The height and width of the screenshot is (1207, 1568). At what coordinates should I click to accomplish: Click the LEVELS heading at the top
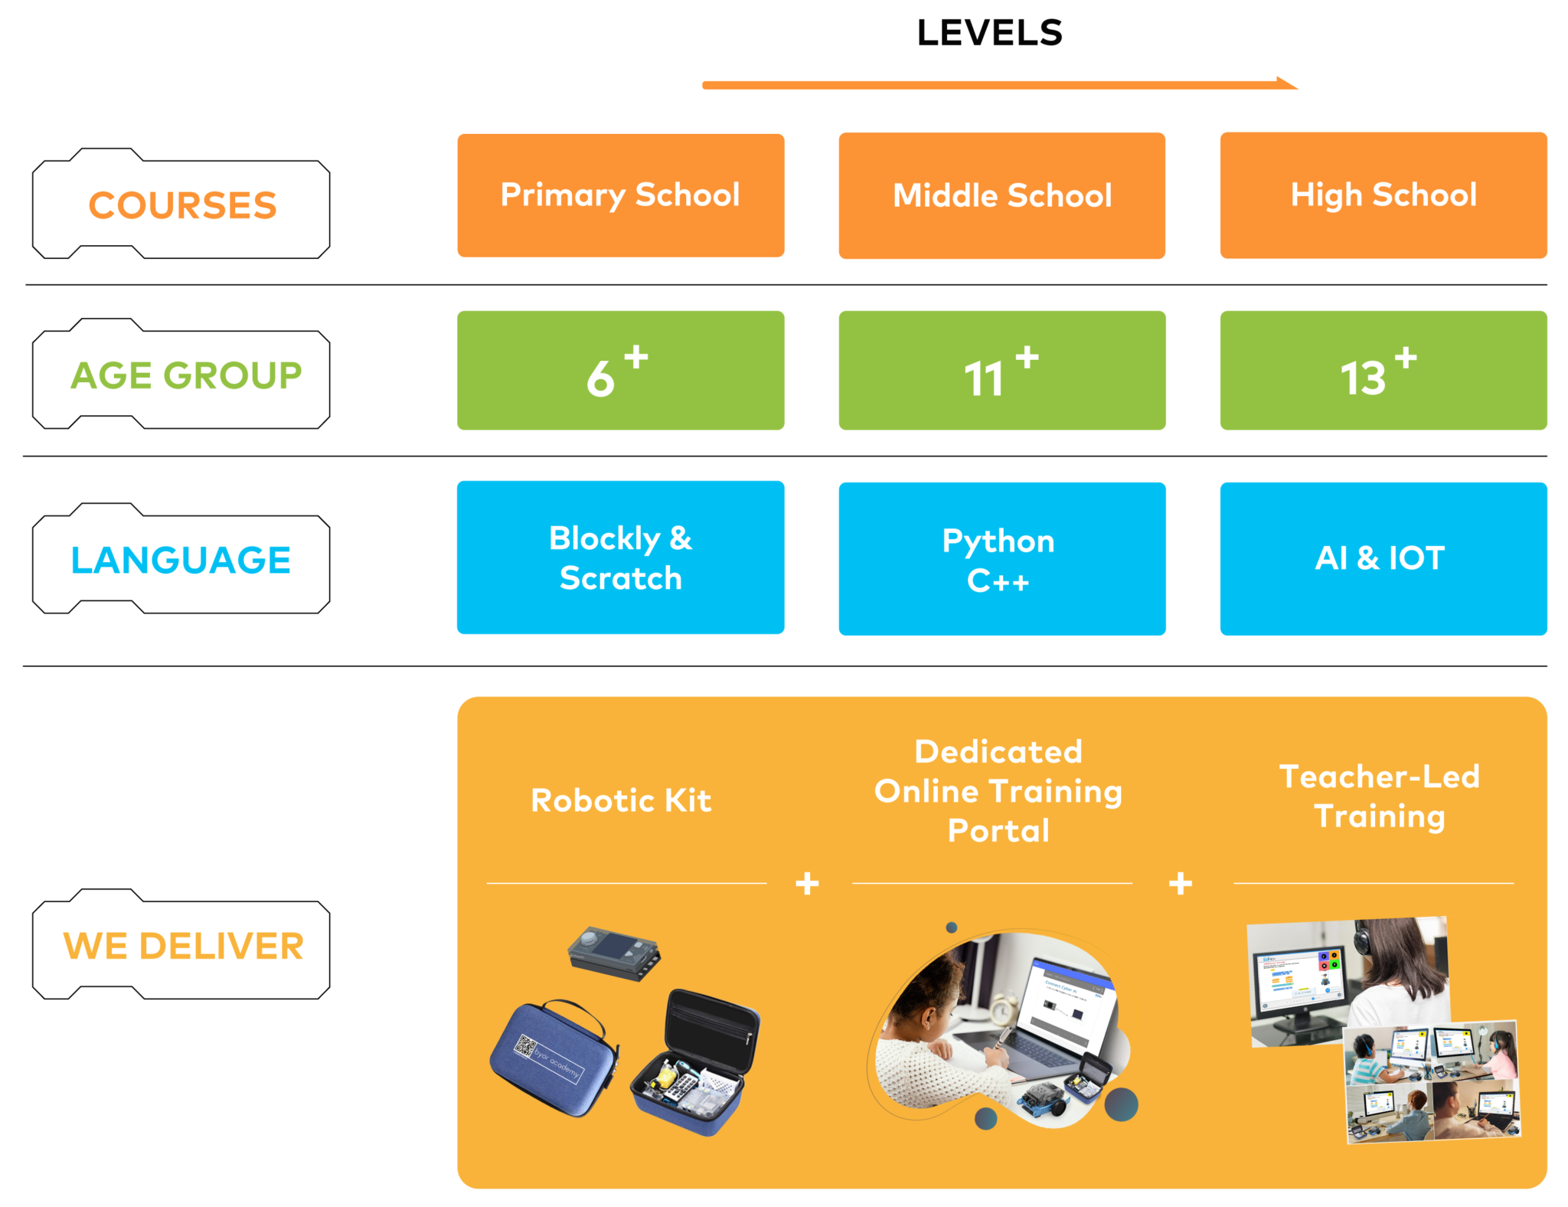[x=989, y=33]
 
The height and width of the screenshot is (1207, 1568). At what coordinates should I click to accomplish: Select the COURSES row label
[x=182, y=205]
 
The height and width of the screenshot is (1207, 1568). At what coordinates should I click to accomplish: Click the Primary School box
[x=621, y=195]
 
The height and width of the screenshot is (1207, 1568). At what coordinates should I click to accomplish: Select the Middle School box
[x=1002, y=196]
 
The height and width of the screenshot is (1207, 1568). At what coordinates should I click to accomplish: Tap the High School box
[x=1383, y=195]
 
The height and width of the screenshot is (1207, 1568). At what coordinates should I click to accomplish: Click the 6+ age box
[x=621, y=371]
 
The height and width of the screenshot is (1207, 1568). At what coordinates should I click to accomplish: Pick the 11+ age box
[x=1002, y=371]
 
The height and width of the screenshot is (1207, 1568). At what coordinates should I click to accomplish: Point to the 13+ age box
[x=1383, y=371]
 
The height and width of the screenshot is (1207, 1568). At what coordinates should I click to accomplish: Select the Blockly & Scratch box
[x=621, y=558]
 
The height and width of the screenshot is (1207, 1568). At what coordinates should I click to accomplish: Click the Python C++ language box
[x=1002, y=559]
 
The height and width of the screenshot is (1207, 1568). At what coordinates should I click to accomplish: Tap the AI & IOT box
[x=1383, y=559]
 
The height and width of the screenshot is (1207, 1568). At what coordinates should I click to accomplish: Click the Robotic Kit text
[x=621, y=801]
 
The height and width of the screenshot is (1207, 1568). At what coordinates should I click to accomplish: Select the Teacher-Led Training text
[x=1380, y=796]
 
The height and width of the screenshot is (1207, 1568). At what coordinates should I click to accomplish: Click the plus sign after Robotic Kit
[x=807, y=884]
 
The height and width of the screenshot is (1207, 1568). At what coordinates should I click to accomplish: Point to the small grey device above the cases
[x=614, y=953]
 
